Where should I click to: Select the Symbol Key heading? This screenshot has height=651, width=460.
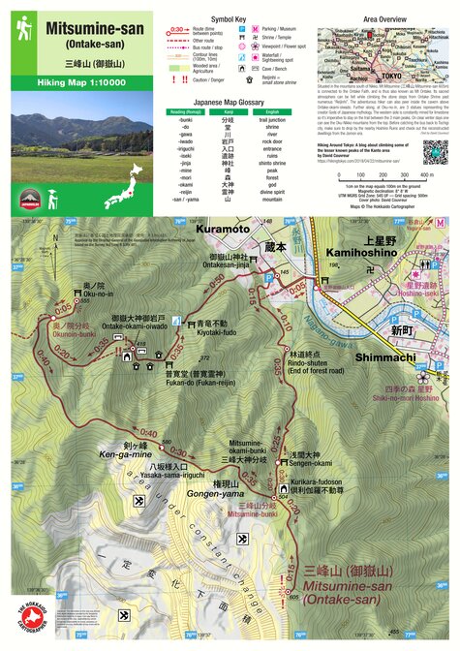pyautogui.click(x=229, y=18)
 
